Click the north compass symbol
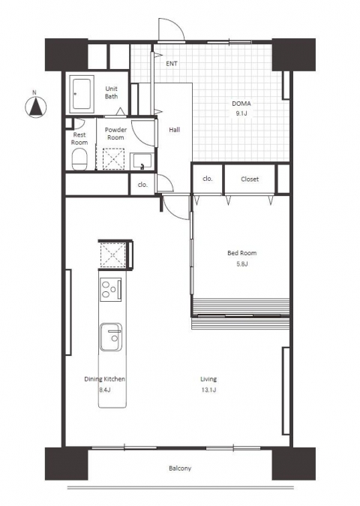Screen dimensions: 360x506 36,107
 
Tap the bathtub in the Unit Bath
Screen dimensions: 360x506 82,95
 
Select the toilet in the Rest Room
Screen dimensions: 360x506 79,159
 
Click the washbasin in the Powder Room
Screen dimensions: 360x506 142,161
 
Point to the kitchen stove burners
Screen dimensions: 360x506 110,290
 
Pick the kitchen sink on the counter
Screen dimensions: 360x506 111,337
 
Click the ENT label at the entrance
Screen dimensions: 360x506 172,64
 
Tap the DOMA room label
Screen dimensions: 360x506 241,104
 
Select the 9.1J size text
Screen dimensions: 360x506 241,113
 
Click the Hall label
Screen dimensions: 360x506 174,130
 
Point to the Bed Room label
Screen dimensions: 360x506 242,253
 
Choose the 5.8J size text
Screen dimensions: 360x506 242,264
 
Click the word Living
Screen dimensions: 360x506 208,379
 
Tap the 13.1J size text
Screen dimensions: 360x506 208,390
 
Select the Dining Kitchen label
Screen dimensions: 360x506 105,379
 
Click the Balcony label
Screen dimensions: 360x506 180,468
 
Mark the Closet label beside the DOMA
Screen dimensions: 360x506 250,179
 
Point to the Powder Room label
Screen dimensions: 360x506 115,134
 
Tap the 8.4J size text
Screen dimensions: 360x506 105,390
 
